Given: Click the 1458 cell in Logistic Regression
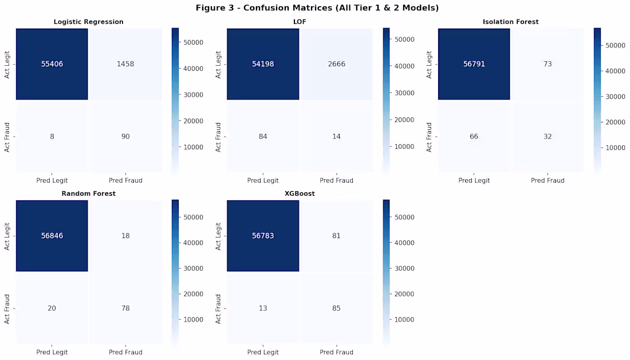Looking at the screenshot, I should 125,64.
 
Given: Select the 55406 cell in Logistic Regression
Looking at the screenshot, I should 52,64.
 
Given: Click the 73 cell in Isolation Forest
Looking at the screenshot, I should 548,64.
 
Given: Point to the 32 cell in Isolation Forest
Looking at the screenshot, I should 548,136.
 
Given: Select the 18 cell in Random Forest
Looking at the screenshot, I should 125,236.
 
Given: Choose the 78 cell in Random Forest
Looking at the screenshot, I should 125,308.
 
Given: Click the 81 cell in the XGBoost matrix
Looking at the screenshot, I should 336,236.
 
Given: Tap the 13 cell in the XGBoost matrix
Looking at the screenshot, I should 263,308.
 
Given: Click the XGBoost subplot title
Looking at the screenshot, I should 300,193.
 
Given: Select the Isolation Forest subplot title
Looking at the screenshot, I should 511,22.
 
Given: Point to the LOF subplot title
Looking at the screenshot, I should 300,22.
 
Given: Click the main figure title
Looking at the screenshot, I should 317,7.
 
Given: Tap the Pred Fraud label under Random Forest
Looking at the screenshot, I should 125,352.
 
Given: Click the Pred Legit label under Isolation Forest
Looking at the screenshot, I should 474,180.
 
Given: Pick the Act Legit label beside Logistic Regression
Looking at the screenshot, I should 7,64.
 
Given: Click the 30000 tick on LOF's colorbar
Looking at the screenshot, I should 405,93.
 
